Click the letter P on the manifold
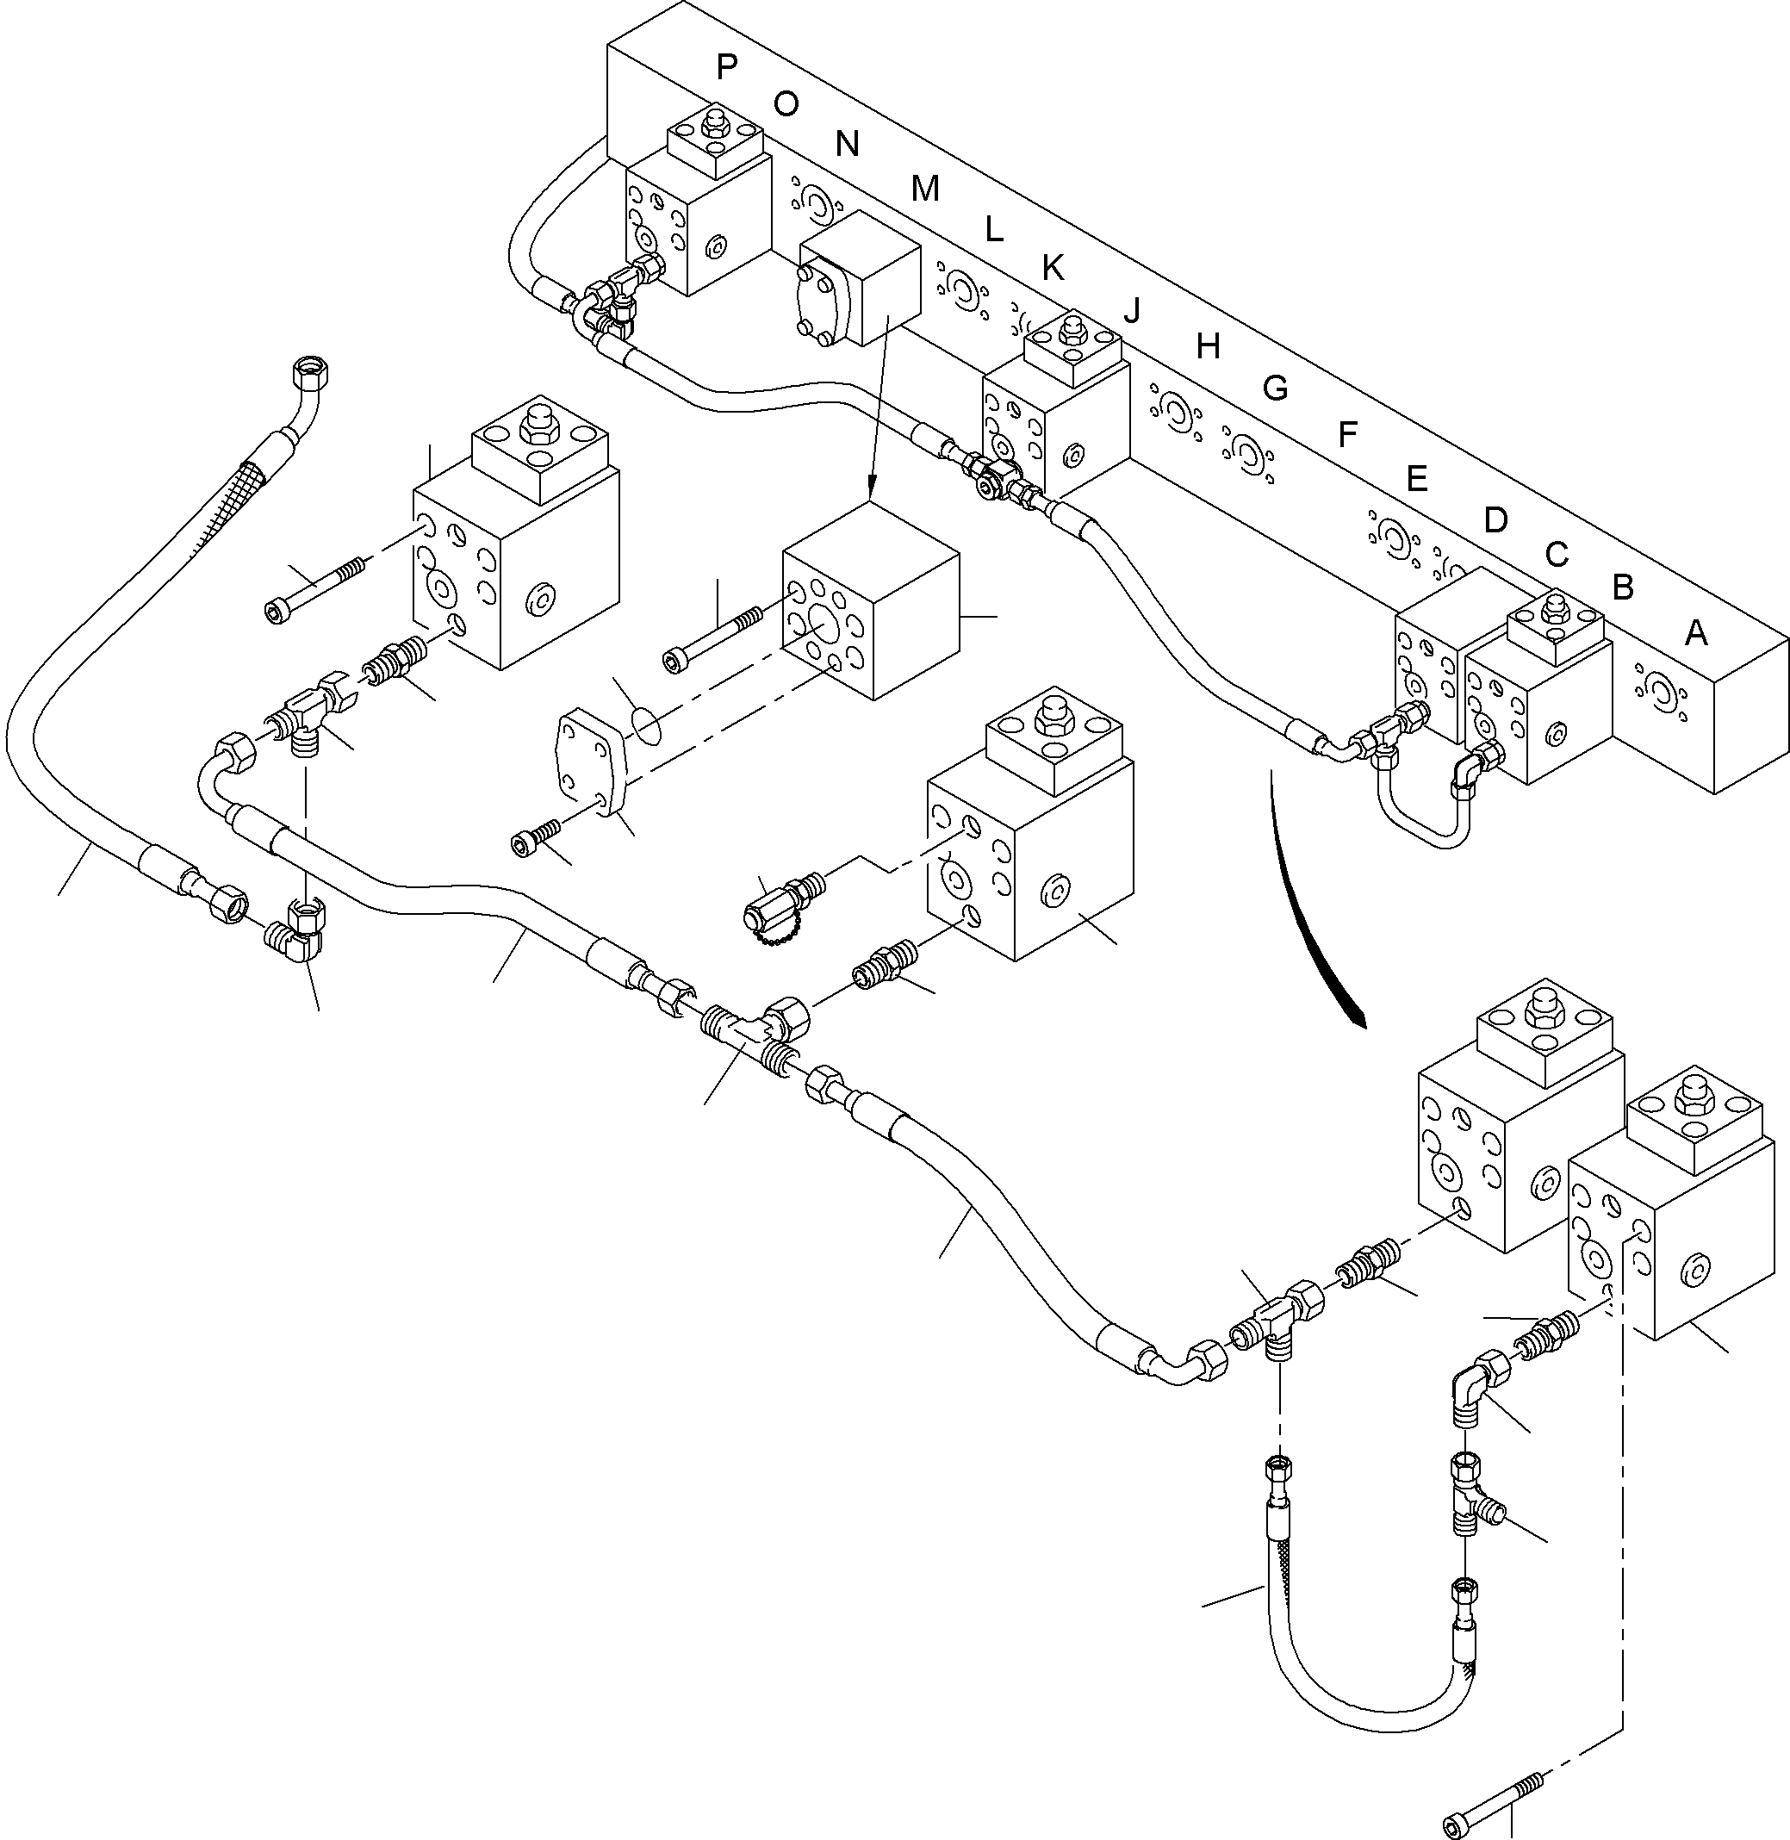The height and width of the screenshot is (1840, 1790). [726, 66]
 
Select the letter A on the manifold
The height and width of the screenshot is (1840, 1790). [1695, 634]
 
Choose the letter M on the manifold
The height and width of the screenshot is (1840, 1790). [925, 190]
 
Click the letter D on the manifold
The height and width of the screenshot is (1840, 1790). [1495, 520]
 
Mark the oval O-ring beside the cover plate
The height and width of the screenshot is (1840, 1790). [645, 724]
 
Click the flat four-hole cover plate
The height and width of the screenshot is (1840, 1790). [587, 761]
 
